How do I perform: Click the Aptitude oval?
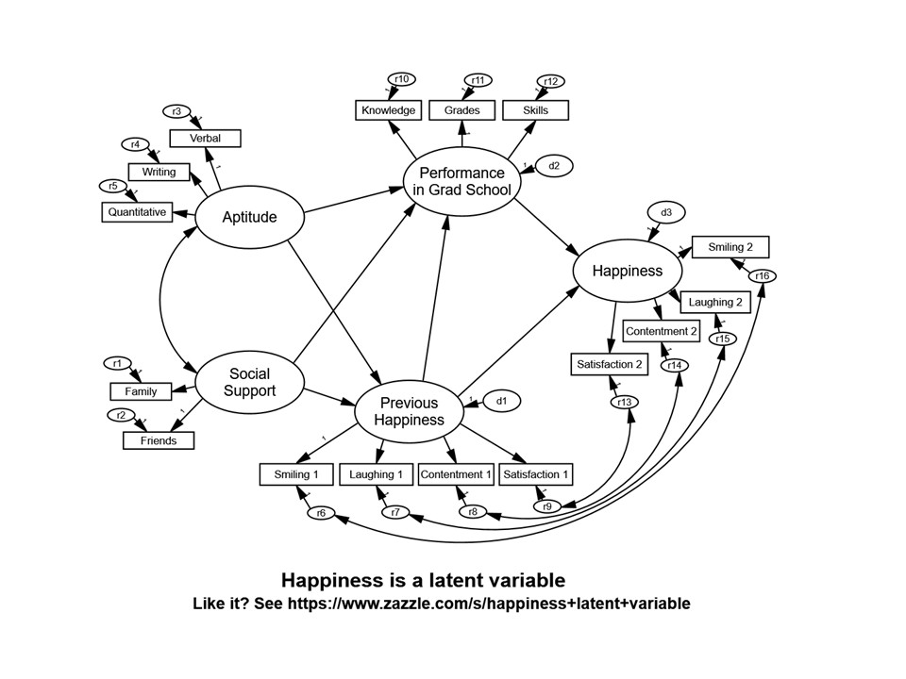(249, 218)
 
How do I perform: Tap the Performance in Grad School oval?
(461, 181)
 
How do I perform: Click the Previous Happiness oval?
(409, 411)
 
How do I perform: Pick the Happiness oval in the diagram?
(627, 271)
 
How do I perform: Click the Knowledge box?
(388, 110)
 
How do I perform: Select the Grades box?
(461, 110)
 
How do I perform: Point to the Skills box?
(535, 110)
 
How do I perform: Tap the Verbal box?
(205, 139)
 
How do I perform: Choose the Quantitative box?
(137, 212)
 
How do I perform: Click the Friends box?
(158, 440)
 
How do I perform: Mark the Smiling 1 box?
(296, 474)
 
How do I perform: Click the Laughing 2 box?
(714, 304)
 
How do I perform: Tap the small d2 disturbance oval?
(554, 166)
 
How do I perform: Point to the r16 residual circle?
(763, 275)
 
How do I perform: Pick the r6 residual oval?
(321, 513)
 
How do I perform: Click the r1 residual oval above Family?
(117, 363)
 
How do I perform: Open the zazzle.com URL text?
(489, 604)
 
